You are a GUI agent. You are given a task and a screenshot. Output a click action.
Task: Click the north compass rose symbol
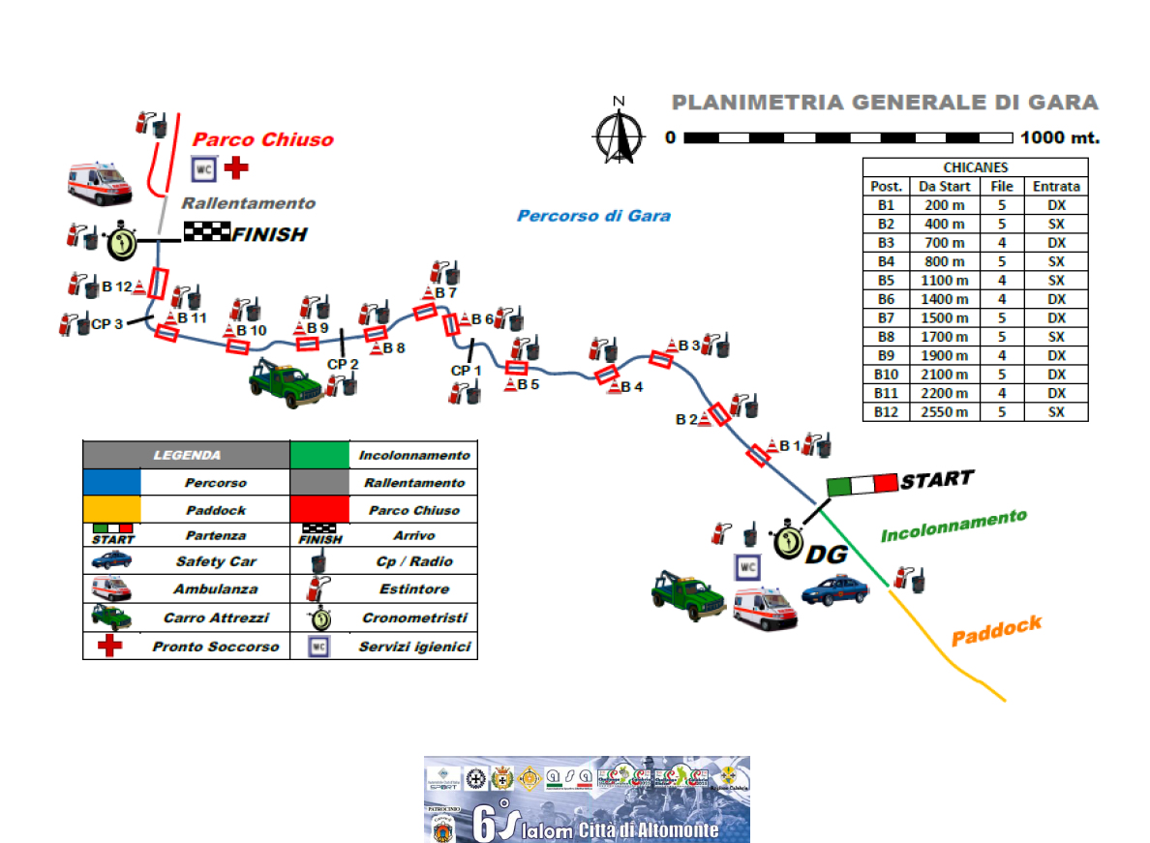pos(620,132)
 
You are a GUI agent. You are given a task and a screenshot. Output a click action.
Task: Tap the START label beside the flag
pos(936,479)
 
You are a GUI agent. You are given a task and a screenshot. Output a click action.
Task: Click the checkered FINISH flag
pos(206,231)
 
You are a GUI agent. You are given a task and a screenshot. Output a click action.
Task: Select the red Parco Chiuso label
pos(263,140)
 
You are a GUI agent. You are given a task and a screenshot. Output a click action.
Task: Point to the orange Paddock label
pos(996,630)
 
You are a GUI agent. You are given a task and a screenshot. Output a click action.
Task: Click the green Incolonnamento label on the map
pos(953,526)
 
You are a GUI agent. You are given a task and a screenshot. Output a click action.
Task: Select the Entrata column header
pos(1055,187)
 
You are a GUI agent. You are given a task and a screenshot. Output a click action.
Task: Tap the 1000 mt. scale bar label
pos(1060,137)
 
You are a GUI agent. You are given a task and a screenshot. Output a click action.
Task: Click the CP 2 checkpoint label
pos(343,364)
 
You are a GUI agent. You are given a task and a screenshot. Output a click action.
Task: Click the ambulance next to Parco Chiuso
pos(99,183)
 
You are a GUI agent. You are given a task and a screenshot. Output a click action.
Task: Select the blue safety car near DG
pos(835,588)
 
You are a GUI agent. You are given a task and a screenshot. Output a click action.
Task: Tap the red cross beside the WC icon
pos(235,168)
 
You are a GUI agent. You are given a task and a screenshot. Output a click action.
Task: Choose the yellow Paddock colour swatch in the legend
pos(112,509)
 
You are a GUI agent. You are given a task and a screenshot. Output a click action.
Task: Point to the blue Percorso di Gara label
pos(593,215)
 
